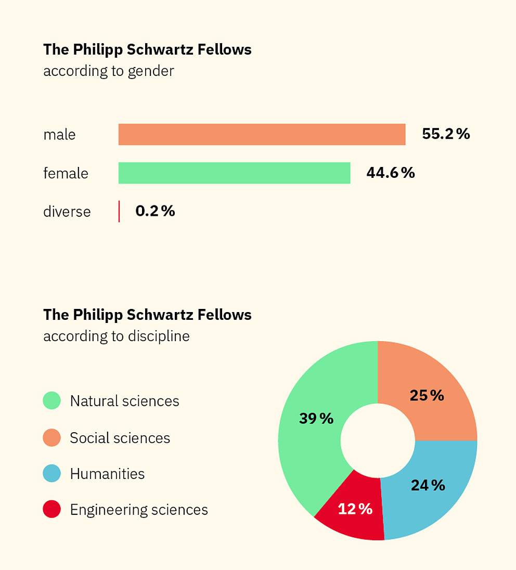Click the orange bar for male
tap(262, 134)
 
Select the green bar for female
tap(234, 173)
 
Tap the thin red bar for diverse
tap(119, 211)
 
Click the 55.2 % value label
tap(446, 134)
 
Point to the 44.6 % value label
tap(391, 173)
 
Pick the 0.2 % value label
tap(155, 211)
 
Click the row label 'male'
tap(59, 135)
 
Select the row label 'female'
tap(66, 173)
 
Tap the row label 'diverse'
tap(67, 212)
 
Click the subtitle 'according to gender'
tap(108, 71)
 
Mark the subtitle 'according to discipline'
tap(116, 336)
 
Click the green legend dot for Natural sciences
tap(52, 401)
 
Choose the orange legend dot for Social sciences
tap(52, 438)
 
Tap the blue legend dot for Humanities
tap(52, 474)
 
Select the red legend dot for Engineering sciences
tap(52, 510)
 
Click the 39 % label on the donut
tap(316, 418)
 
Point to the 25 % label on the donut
tap(427, 396)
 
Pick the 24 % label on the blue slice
tap(428, 485)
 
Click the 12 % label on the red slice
tap(355, 509)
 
